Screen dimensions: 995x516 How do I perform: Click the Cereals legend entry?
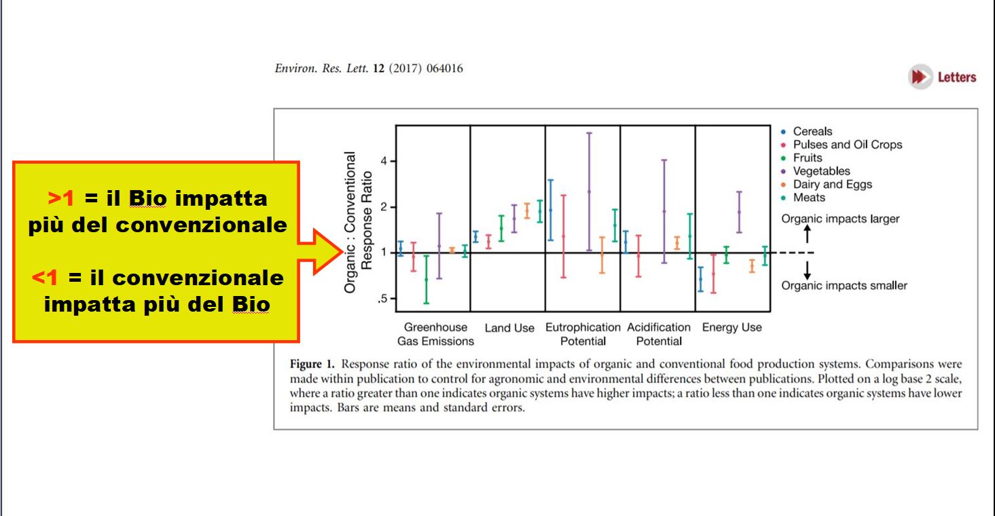(807, 132)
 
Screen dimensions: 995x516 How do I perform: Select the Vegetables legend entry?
(816, 171)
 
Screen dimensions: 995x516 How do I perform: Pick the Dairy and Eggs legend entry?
(827, 184)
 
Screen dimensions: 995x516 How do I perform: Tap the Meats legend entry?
(803, 198)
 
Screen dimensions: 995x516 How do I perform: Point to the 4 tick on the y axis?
(384, 161)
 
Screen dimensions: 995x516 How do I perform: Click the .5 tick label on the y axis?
(382, 299)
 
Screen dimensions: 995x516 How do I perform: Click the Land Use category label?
(509, 328)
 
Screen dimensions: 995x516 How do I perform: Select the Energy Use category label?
(732, 327)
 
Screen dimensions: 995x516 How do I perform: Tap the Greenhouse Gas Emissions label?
(435, 334)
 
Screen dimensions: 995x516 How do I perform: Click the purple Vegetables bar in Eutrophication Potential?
(589, 191)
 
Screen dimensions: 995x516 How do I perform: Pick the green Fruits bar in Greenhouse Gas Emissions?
(427, 279)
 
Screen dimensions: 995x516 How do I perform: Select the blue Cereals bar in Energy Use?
(700, 279)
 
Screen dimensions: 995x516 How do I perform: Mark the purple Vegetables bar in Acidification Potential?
(664, 211)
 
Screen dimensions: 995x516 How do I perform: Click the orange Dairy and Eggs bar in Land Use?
(527, 211)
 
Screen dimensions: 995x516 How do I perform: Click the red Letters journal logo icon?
(920, 77)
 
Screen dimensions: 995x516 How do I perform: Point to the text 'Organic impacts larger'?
(840, 219)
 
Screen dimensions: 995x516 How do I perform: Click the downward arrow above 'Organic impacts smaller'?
(807, 270)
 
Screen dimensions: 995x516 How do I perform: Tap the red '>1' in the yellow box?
(61, 198)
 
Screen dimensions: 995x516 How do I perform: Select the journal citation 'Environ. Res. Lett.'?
(322, 69)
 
